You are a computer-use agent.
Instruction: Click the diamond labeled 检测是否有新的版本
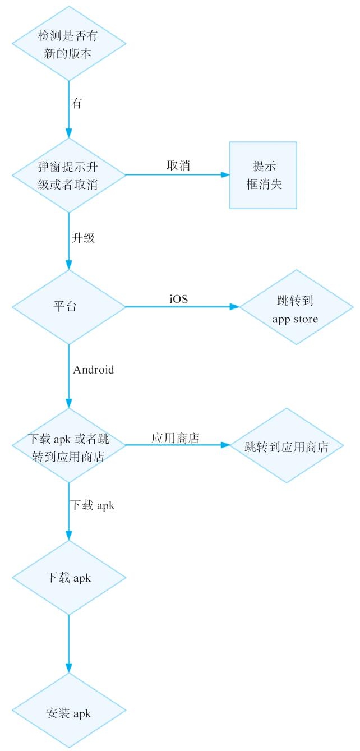click(68, 43)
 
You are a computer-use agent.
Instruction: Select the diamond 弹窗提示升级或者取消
click(68, 175)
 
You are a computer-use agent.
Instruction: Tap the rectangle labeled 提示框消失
click(262, 175)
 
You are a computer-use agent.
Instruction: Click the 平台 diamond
click(68, 307)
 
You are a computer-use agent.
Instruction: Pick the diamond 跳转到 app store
click(296, 307)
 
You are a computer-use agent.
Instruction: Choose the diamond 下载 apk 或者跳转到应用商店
click(68, 446)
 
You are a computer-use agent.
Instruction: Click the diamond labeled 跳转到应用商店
click(287, 446)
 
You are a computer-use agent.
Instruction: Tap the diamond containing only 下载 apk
click(68, 577)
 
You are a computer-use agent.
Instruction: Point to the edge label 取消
click(178, 166)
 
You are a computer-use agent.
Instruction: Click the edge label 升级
click(84, 238)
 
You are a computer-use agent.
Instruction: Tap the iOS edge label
click(179, 299)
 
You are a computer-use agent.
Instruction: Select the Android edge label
click(93, 370)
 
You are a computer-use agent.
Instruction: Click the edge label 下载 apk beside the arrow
click(93, 505)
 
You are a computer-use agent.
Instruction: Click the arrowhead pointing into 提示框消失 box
click(225, 175)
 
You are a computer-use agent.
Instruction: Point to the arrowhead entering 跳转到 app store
click(235, 307)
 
